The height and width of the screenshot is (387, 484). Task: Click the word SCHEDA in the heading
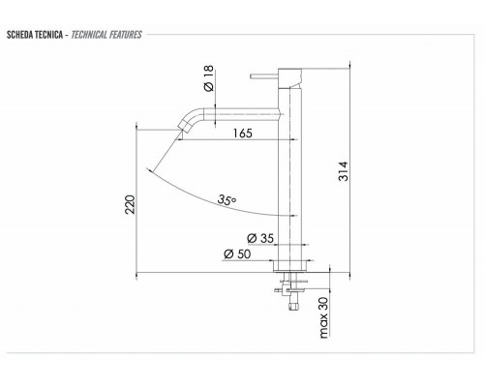(21, 36)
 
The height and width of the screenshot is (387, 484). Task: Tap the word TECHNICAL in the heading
(91, 36)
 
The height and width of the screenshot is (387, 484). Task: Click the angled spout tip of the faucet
(183, 129)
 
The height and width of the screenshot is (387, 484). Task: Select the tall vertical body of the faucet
(289, 174)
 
